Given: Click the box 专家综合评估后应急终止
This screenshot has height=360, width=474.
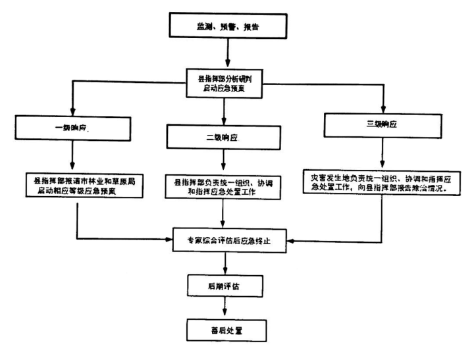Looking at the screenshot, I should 226,242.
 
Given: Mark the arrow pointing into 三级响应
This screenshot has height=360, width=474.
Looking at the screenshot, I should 380,99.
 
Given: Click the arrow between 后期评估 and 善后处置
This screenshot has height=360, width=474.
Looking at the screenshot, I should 226,307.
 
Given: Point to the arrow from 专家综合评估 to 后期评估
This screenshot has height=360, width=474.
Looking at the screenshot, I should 226,263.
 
